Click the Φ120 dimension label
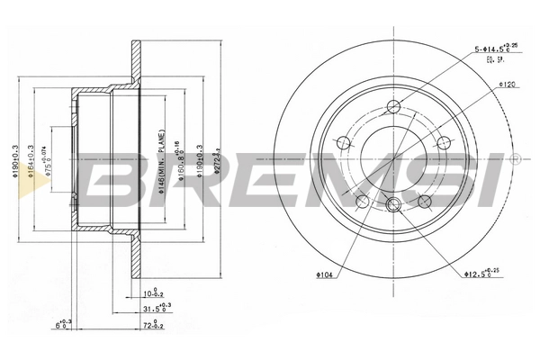pos(506,85)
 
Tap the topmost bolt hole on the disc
pos(392,109)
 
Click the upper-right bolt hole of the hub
pos(443,142)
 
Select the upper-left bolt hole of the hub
pos(342,142)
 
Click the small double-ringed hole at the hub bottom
pos(392,207)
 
